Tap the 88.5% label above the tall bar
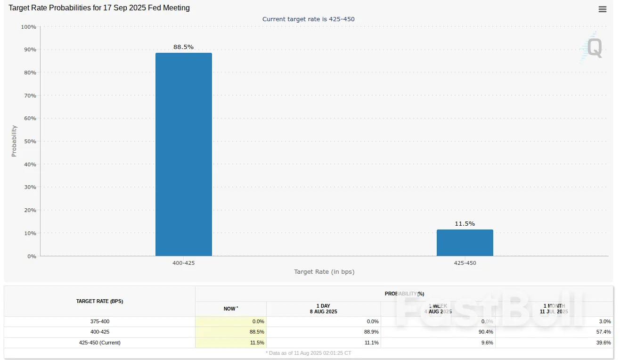[x=183, y=47]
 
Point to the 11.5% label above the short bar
[x=465, y=224]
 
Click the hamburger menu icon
[x=602, y=9]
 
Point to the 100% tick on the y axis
[x=29, y=27]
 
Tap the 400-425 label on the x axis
[x=183, y=263]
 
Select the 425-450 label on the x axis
[x=465, y=263]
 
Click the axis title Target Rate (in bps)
[x=324, y=272]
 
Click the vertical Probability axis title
[x=14, y=141]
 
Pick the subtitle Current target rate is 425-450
[x=308, y=19]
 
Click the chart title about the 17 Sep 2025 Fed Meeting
[x=99, y=8]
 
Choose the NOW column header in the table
[x=230, y=309]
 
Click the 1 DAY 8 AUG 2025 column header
[x=323, y=309]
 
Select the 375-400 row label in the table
[x=99, y=321]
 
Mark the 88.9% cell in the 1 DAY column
[x=372, y=332]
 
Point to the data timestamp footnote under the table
[x=309, y=353]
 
